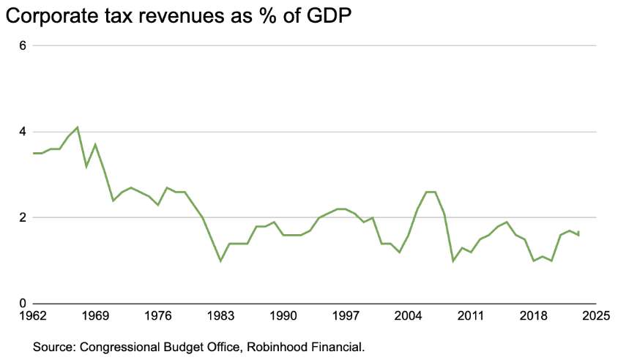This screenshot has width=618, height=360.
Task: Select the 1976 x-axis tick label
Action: [158, 316]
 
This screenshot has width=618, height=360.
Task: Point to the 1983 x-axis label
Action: [220, 316]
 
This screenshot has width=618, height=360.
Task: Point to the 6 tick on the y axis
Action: [23, 45]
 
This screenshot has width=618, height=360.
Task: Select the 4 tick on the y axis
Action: [23, 132]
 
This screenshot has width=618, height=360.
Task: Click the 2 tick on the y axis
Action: [23, 217]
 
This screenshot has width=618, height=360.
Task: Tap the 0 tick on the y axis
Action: [23, 304]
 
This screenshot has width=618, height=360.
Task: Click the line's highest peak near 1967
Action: [78, 127]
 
